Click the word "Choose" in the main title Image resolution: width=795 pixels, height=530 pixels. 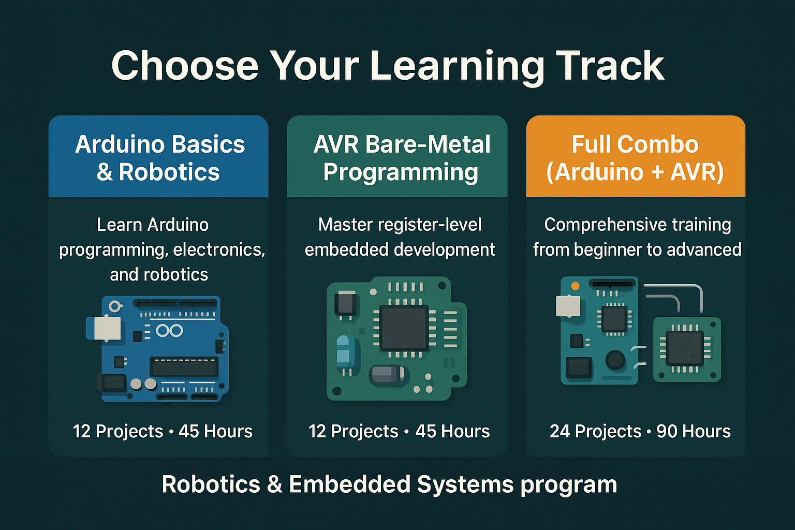(185, 66)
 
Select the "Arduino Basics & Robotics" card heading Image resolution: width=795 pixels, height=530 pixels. (159, 158)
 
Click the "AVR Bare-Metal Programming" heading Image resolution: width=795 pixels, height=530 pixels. (401, 158)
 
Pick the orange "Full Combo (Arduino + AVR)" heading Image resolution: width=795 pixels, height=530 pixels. (635, 158)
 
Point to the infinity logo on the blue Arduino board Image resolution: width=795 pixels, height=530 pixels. (169, 331)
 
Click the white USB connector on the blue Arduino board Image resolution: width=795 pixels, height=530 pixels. (106, 328)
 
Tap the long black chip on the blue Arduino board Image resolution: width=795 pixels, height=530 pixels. (184, 366)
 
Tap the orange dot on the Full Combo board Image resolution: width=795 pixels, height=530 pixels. (575, 286)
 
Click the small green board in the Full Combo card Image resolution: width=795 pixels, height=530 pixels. (687, 349)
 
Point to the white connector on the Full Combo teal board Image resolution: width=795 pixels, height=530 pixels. (568, 306)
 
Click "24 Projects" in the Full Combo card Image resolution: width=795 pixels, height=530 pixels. (595, 431)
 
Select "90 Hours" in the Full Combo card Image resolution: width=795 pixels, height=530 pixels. (694, 431)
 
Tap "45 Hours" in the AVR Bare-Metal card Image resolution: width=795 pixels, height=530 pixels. (452, 431)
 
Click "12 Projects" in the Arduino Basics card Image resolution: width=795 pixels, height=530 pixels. (118, 431)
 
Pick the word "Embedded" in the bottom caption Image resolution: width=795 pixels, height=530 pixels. (350, 485)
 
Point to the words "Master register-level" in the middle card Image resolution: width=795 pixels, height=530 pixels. (400, 225)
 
